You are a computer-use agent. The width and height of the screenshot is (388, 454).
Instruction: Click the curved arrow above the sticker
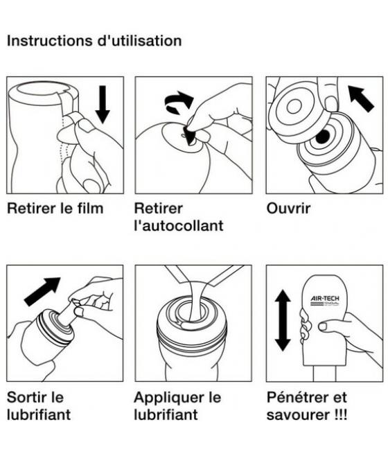(x=179, y=104)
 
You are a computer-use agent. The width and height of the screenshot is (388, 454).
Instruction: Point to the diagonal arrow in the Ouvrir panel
(x=362, y=98)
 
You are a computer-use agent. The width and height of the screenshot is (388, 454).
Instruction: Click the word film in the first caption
(x=89, y=209)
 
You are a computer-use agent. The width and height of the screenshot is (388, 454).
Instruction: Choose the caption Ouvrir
(x=290, y=209)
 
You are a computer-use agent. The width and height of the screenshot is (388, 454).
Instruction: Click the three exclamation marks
(x=339, y=415)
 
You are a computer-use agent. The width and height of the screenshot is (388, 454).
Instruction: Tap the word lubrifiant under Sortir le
(x=38, y=415)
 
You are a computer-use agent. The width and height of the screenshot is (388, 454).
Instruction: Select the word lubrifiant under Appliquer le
(x=166, y=415)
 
